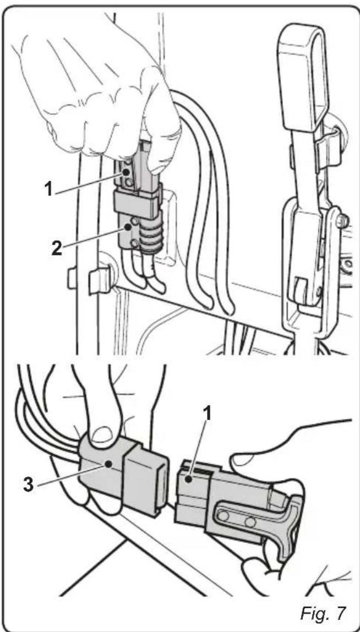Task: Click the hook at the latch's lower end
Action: click(x=302, y=286)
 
